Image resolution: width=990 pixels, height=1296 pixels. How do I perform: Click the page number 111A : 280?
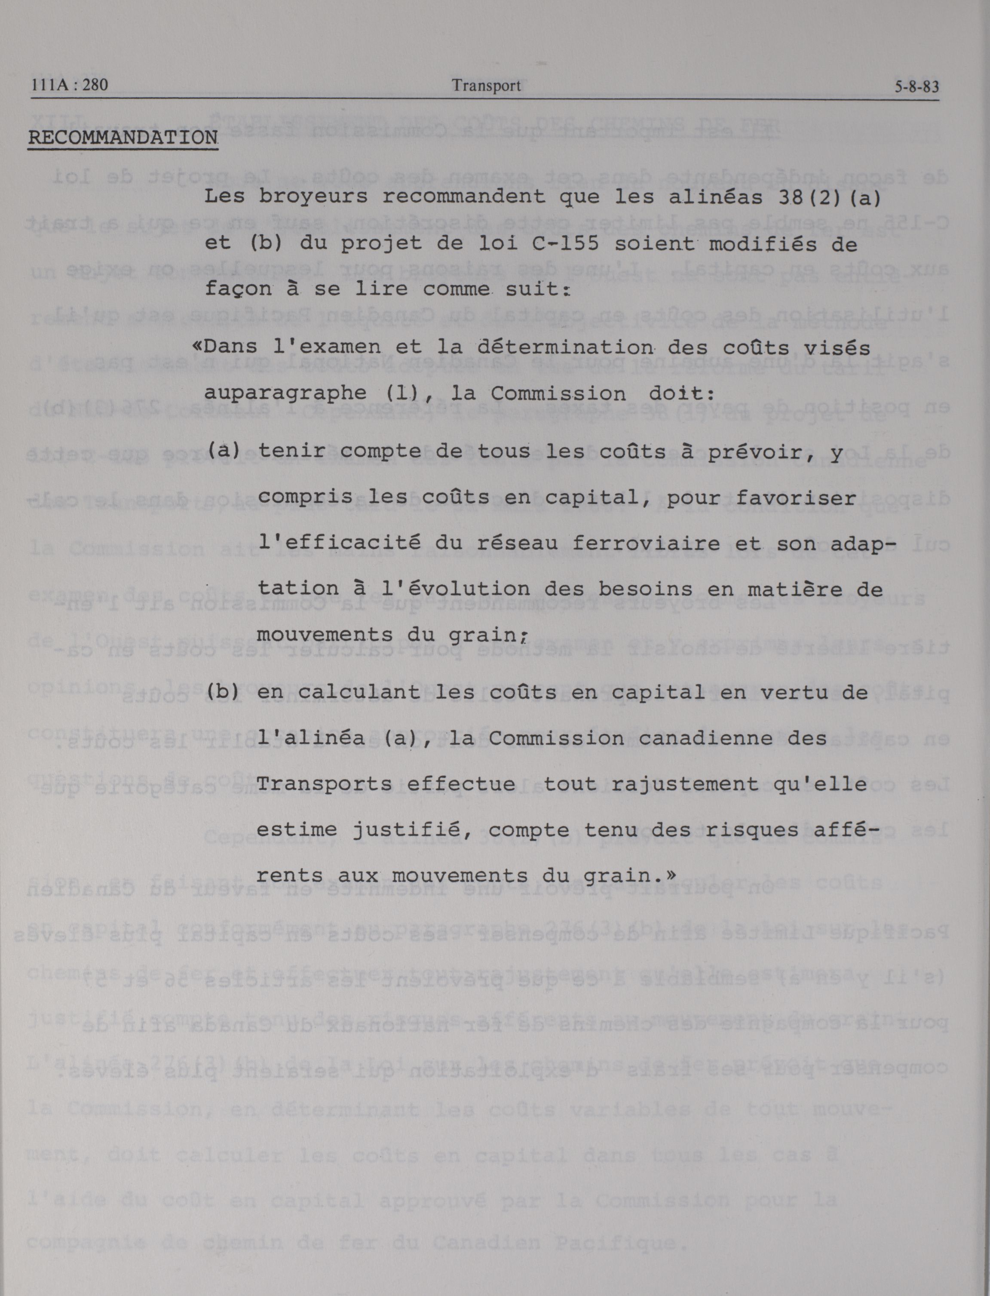(x=70, y=86)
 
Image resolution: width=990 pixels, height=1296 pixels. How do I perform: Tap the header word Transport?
(x=486, y=86)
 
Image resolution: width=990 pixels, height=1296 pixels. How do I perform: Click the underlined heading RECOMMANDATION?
(x=123, y=138)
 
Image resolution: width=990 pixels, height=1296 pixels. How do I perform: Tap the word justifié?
(x=407, y=830)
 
